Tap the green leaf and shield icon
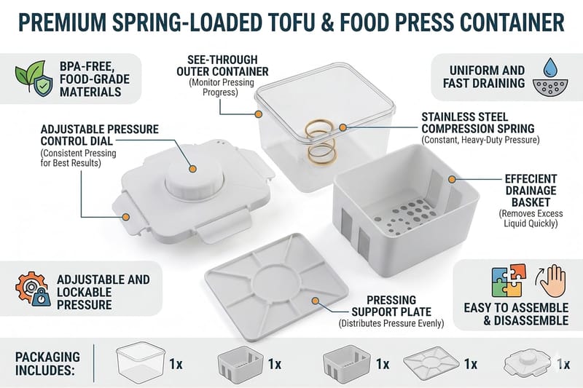[34, 79]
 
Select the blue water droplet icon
[549, 67]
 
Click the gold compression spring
[320, 141]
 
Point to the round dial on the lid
[194, 178]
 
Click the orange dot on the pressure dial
[192, 169]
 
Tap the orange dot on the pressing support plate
[316, 301]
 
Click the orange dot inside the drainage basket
[452, 179]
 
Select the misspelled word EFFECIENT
[531, 179]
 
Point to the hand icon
[552, 280]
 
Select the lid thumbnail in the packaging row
[528, 364]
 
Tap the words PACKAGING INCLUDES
[47, 363]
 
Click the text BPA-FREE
[87, 66]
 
